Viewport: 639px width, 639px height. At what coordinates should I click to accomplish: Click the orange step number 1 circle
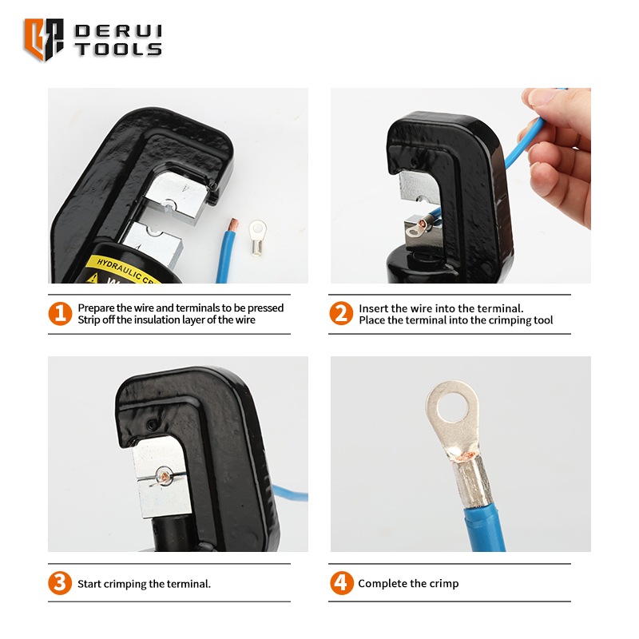tap(60, 314)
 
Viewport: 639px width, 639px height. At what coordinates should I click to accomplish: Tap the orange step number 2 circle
tap(341, 313)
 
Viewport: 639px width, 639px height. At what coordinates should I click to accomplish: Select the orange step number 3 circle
tap(60, 583)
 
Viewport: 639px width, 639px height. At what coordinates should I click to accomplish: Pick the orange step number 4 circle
tap(342, 583)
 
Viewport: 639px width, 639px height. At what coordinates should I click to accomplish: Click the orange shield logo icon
tap(44, 39)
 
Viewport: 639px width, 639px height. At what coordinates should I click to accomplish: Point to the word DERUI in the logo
tap(118, 31)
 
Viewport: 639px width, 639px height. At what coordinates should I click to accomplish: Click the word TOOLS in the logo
tap(118, 50)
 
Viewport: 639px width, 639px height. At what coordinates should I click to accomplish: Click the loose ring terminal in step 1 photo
tap(258, 237)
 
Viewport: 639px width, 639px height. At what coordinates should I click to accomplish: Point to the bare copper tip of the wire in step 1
tap(233, 224)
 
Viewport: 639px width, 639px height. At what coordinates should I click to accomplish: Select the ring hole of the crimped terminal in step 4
tap(452, 407)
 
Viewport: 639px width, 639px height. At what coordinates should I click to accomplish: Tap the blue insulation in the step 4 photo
tap(485, 530)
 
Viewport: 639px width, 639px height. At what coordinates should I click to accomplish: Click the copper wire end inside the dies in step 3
tap(164, 476)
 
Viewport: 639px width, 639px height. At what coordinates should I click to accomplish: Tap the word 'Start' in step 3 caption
tap(89, 584)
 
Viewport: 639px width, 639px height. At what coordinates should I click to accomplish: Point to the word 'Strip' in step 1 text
tap(89, 320)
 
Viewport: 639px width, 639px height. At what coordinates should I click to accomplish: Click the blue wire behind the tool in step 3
tap(290, 492)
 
